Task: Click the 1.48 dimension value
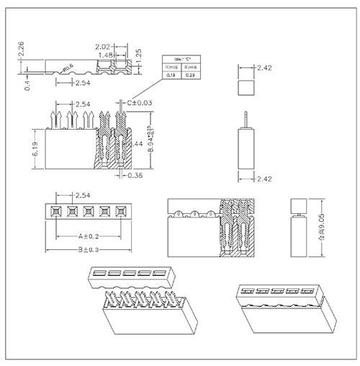tap(106, 55)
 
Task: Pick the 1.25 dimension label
tap(138, 55)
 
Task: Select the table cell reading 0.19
tap(171, 73)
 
